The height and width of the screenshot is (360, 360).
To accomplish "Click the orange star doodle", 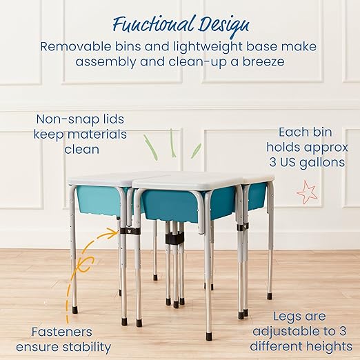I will [x=308, y=192].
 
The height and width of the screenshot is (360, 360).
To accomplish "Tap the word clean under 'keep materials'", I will [x=81, y=148].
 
